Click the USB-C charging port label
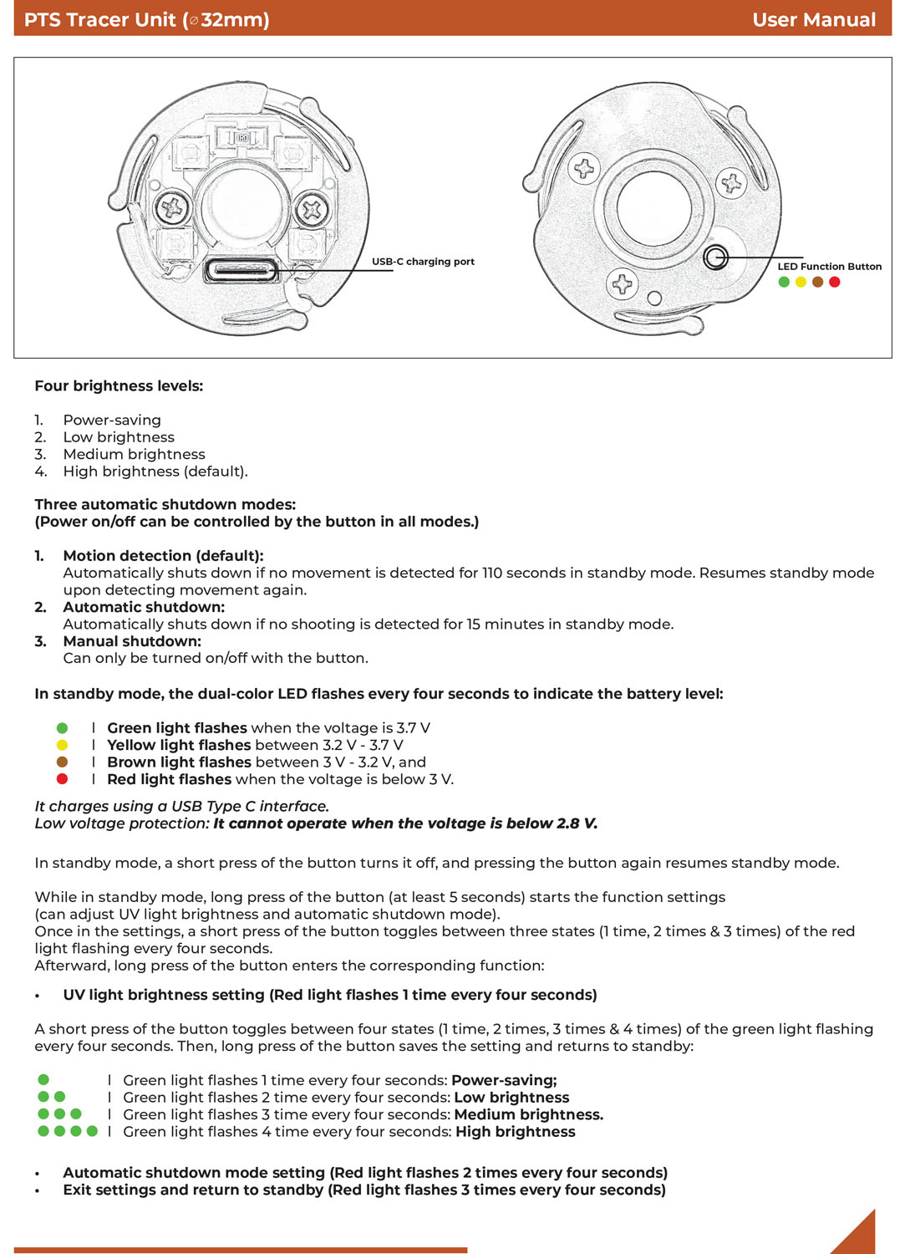[423, 262]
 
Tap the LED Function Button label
[829, 267]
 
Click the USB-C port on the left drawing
[241, 270]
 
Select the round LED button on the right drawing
[715, 257]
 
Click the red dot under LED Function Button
[834, 282]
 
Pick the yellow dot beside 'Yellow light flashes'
[62, 745]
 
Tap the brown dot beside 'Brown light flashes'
[62, 762]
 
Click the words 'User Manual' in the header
[814, 19]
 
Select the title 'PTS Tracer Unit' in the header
[100, 19]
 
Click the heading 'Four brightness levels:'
[119, 386]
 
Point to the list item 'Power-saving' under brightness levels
[112, 421]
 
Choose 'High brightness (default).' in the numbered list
[155, 472]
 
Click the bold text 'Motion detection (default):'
[163, 556]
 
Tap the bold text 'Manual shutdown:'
[132, 641]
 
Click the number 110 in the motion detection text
[492, 573]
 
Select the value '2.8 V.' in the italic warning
[577, 823]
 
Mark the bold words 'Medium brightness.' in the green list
[529, 1114]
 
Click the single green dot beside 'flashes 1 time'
[43, 1079]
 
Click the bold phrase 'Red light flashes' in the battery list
[169, 779]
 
